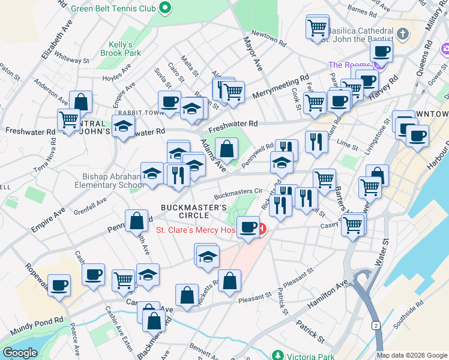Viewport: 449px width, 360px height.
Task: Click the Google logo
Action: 20,353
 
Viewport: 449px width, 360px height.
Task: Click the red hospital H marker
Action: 262,229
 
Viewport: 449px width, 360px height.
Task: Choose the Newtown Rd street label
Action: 267,34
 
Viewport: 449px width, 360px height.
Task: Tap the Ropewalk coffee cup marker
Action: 59,286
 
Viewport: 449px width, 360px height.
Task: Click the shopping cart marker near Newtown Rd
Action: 316,27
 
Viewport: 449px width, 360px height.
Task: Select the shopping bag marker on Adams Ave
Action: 227,148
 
